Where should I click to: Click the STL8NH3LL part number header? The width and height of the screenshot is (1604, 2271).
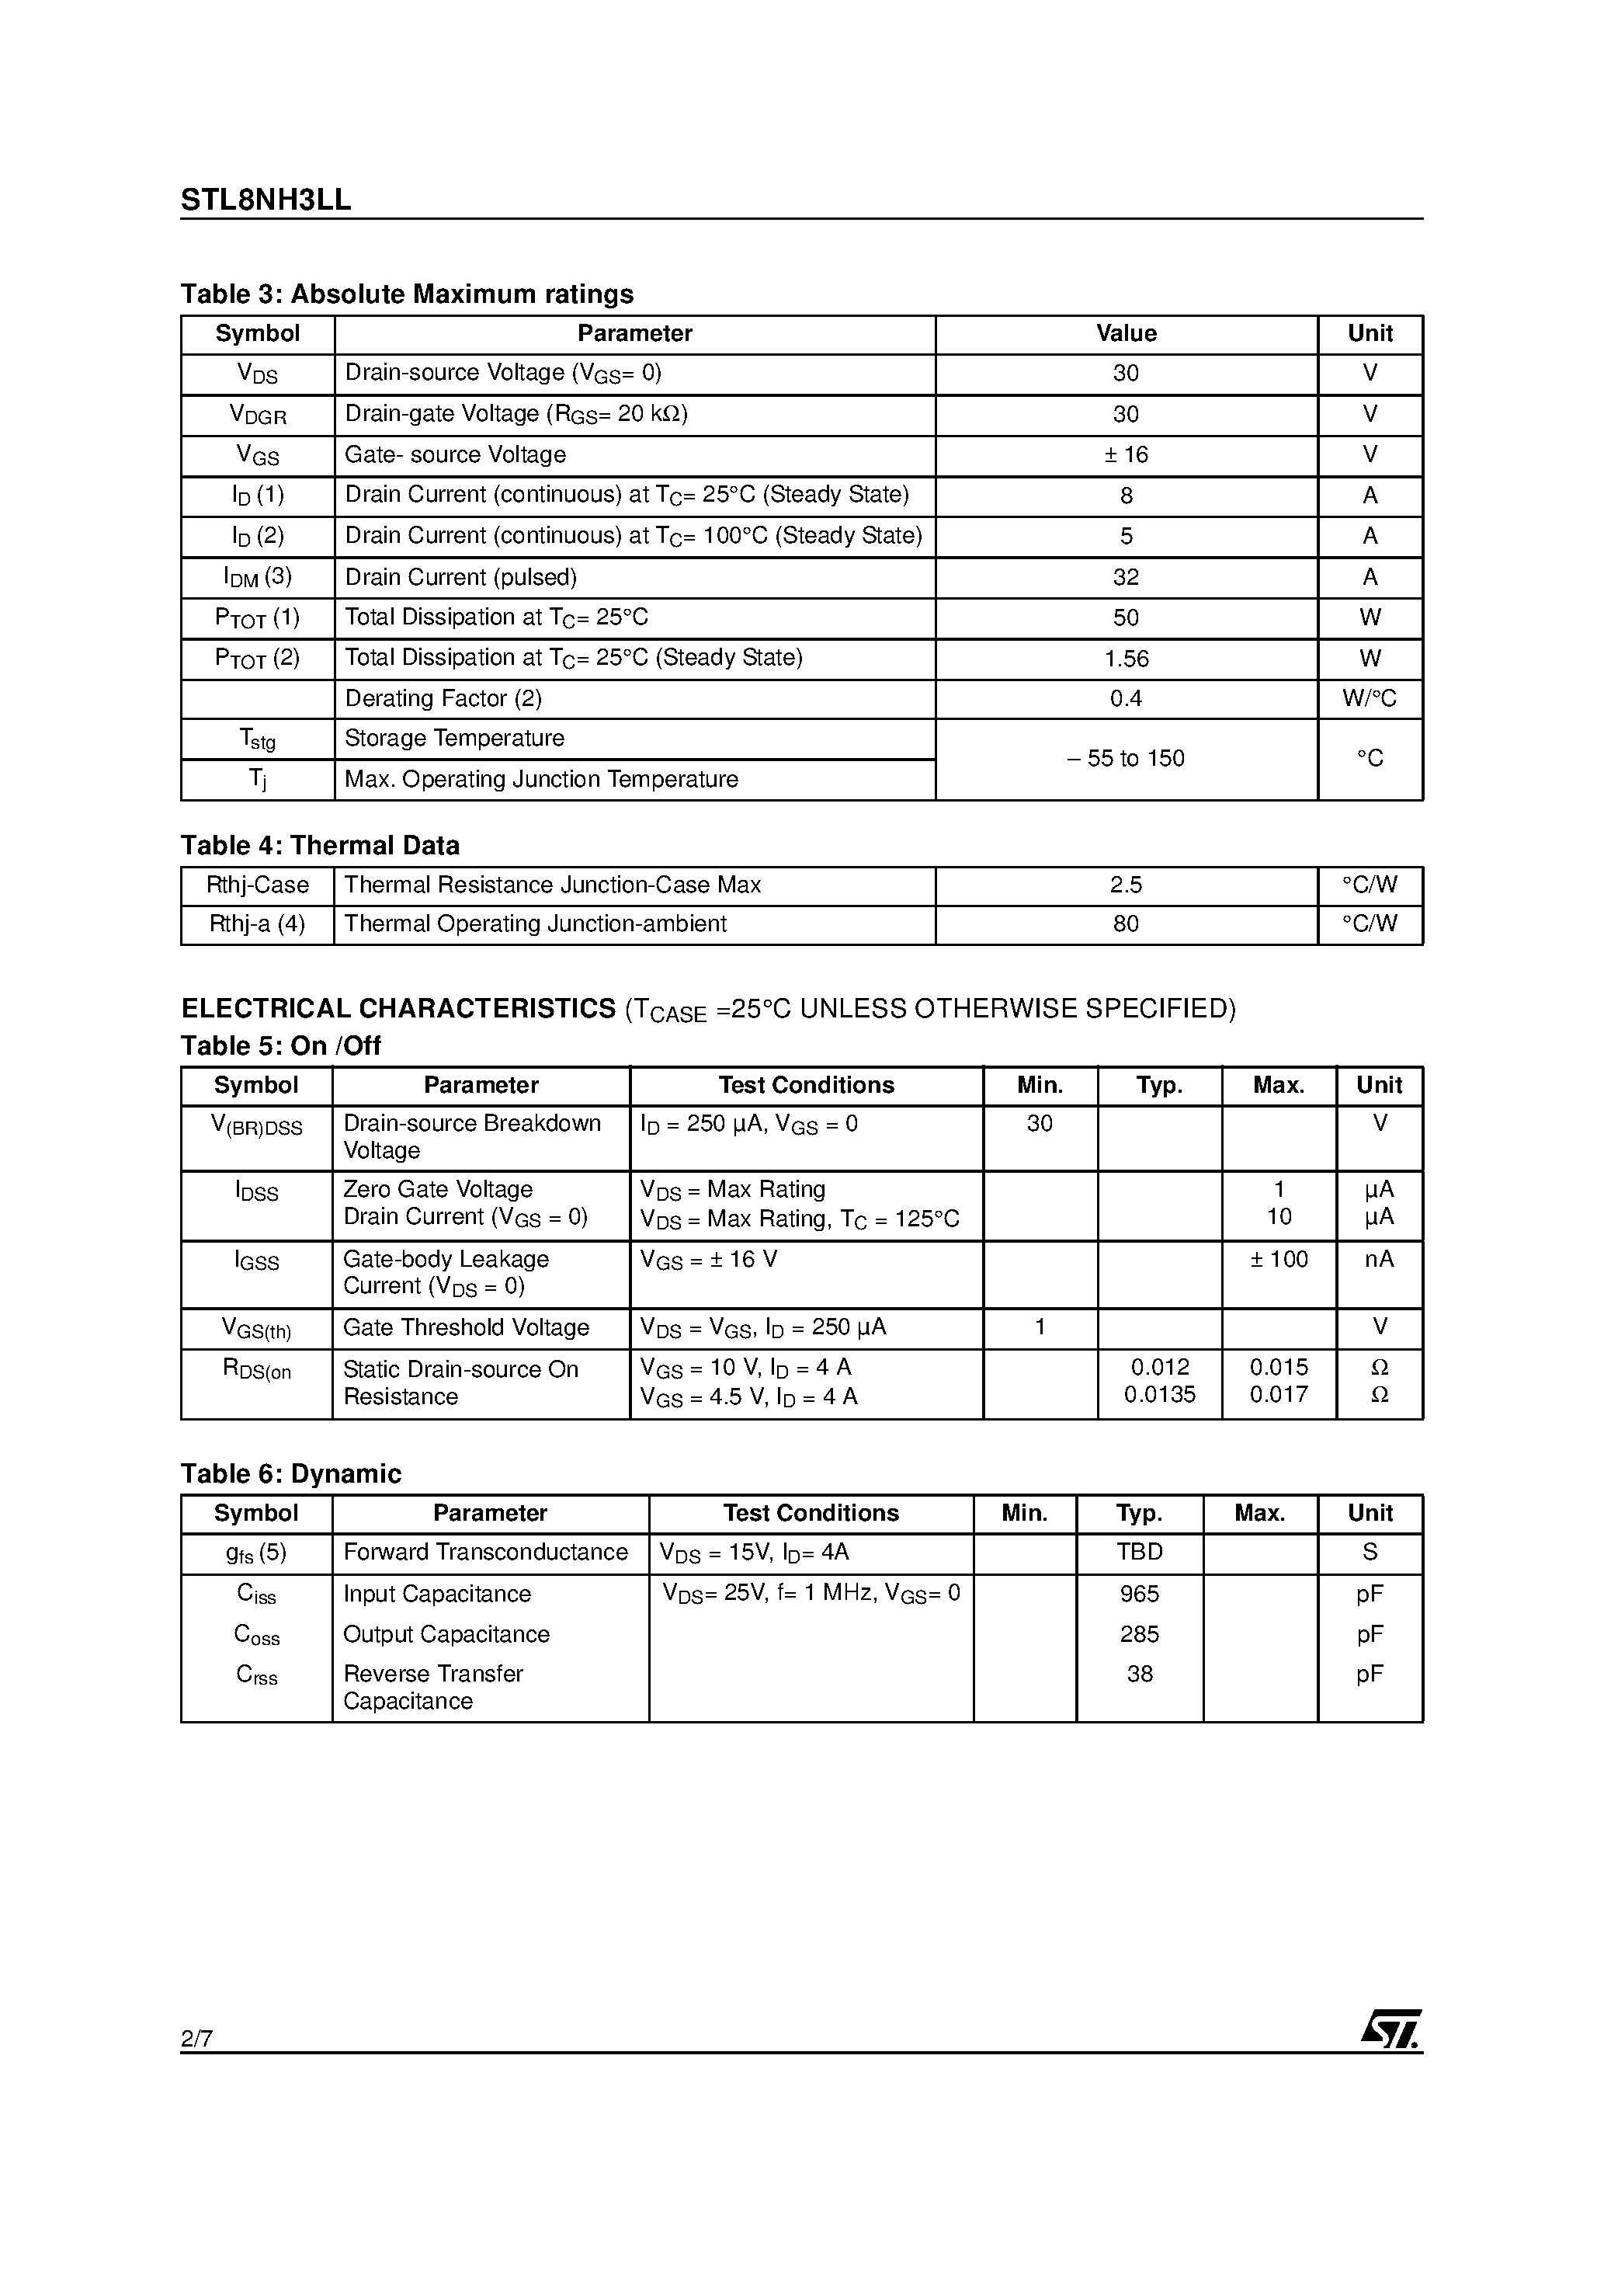coord(265,200)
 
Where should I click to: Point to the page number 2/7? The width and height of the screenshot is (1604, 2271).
coord(196,2039)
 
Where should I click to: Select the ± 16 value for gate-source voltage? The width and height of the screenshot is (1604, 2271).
coord(1126,455)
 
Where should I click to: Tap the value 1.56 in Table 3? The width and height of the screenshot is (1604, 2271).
coord(1126,659)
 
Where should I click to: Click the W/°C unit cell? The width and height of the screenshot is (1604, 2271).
coord(1369,699)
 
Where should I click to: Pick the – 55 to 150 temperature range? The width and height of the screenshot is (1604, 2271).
coord(1126,759)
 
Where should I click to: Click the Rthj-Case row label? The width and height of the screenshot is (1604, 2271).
coord(257,885)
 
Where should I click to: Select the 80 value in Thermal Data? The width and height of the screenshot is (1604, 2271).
coord(1126,923)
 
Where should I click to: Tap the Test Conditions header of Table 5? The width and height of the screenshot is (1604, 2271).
coord(806,1085)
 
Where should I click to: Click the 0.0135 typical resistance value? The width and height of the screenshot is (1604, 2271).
coord(1159,1395)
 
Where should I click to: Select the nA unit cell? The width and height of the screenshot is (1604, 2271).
coord(1379,1259)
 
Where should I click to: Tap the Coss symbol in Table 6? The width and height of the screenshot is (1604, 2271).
coord(256,1635)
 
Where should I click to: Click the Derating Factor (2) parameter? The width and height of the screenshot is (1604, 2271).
coord(443,699)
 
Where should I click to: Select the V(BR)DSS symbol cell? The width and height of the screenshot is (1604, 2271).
coord(256,1125)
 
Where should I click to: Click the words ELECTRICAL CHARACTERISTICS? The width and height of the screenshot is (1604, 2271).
coord(398,1009)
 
